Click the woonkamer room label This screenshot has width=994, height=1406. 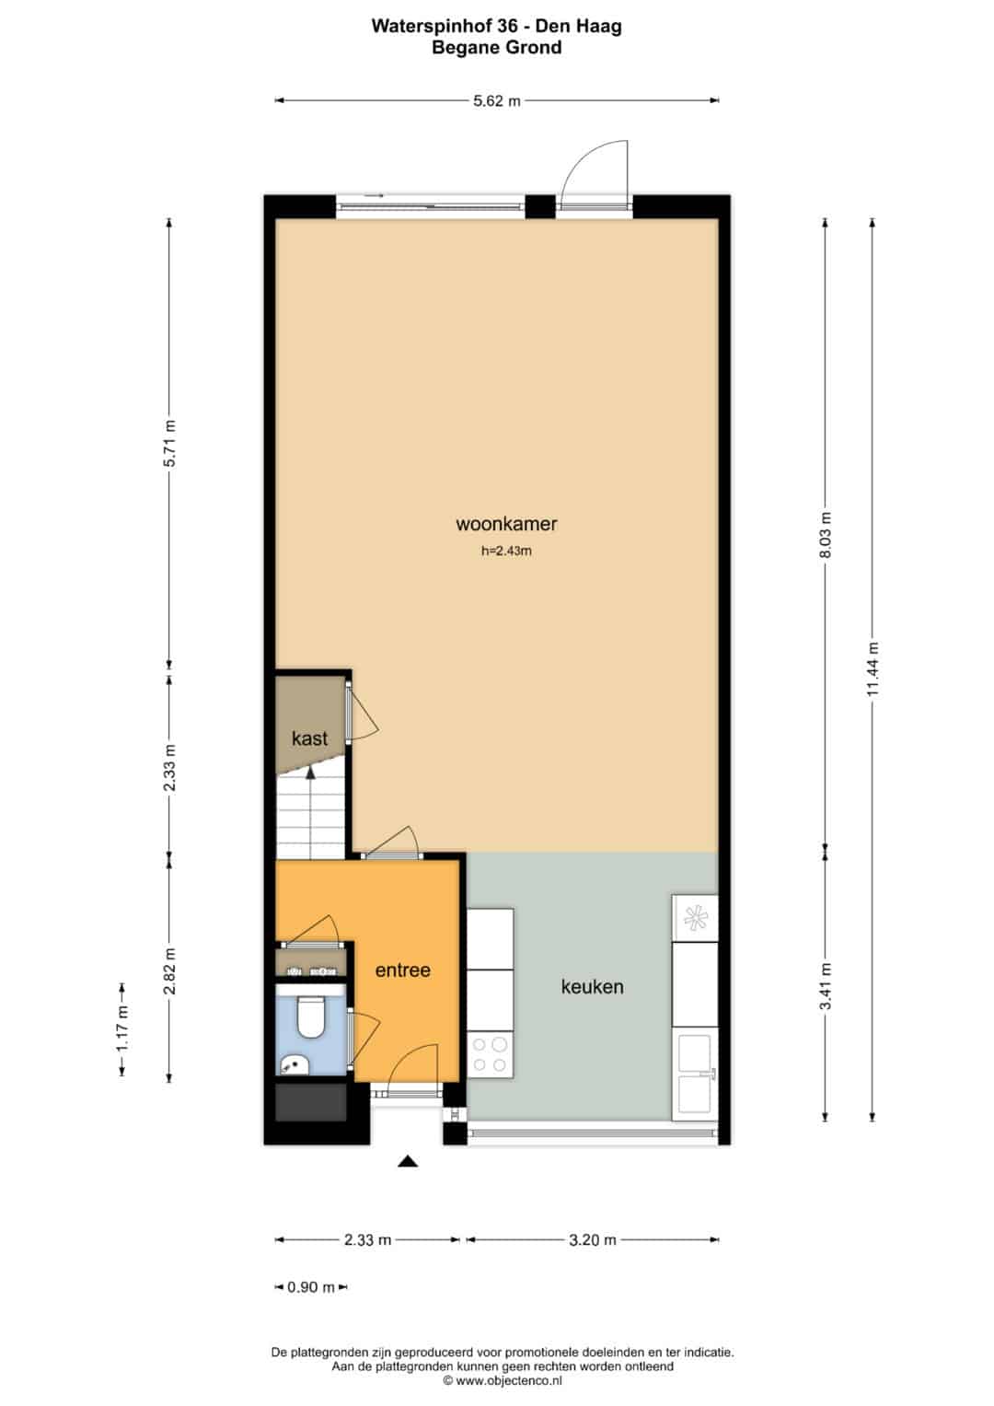(506, 524)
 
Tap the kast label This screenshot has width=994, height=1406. (309, 738)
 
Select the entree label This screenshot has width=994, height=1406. (402, 970)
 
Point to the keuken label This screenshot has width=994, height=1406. (592, 987)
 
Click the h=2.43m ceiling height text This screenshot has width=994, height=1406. (506, 552)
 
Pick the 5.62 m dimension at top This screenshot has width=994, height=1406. (497, 101)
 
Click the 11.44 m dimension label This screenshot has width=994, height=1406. (873, 669)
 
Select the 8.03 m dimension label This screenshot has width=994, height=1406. (826, 535)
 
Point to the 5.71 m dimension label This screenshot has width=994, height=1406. (169, 443)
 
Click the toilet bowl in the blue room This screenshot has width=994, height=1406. (309, 1017)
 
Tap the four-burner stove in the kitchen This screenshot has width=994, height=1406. (490, 1054)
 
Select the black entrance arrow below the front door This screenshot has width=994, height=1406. (408, 1161)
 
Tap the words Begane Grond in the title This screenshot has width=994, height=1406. (496, 48)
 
